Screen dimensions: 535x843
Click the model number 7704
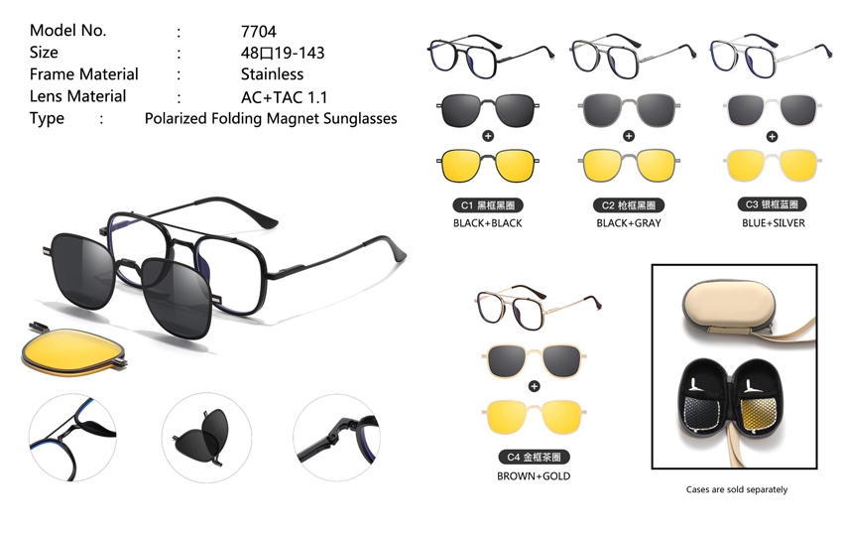point(259,31)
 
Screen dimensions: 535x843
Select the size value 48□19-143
point(283,53)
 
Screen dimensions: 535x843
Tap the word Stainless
point(272,74)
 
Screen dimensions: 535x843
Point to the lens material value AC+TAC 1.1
point(284,97)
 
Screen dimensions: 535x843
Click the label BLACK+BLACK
point(487,223)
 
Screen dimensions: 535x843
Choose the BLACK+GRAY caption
point(628,223)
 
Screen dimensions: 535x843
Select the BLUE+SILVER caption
point(774,223)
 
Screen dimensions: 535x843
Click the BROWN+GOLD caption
point(534,476)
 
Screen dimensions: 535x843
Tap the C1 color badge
point(487,205)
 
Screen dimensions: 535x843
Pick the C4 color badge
point(534,458)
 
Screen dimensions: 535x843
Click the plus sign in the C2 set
point(628,136)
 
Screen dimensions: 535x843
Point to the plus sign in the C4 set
point(534,386)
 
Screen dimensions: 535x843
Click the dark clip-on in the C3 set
point(773,110)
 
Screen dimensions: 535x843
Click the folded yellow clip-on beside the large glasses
point(72,349)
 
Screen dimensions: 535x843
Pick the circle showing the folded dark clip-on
point(205,438)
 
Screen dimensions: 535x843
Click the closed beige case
point(728,310)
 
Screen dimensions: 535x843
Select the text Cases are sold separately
point(736,489)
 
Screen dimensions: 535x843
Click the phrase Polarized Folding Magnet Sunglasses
point(271,119)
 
